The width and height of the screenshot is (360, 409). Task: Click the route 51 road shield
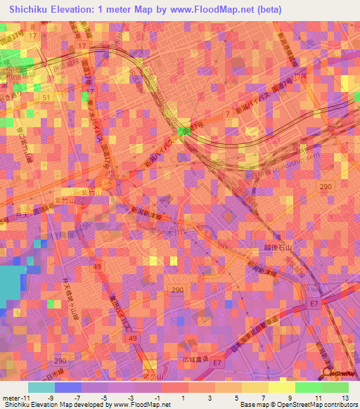(46, 98)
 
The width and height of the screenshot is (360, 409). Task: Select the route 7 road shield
(227, 112)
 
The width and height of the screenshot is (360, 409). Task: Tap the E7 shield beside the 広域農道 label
(217, 363)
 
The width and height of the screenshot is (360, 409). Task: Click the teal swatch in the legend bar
(41, 387)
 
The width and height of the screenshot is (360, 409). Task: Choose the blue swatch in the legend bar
(67, 387)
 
